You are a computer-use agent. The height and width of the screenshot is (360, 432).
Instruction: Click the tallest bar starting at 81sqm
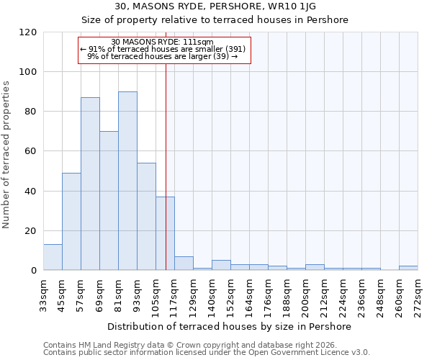[x=127, y=181]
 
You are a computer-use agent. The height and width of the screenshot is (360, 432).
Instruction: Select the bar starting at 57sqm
[x=90, y=184]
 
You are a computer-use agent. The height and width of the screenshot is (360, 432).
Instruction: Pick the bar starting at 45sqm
[x=71, y=221]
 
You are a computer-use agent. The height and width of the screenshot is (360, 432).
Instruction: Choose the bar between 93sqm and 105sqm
[x=146, y=216]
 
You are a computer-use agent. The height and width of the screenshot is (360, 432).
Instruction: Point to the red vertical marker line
[x=166, y=144]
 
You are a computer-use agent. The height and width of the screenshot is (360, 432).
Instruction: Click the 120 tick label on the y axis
[x=28, y=32]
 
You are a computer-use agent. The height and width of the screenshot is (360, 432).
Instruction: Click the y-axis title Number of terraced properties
[x=6, y=155]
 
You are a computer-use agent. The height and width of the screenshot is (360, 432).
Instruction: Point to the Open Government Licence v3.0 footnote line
[x=206, y=352]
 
